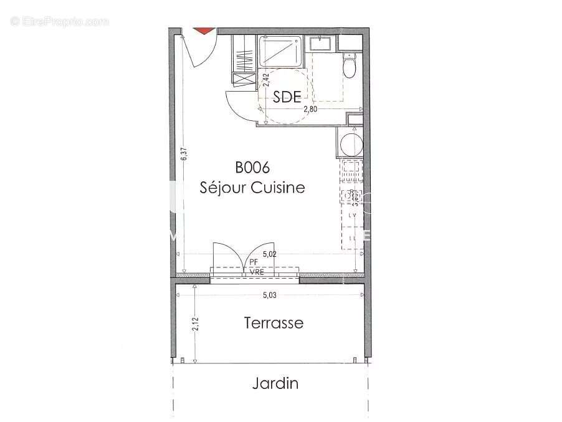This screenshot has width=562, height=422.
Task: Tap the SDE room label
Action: click(287, 97)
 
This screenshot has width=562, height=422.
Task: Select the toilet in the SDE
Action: click(349, 65)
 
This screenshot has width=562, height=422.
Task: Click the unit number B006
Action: click(252, 168)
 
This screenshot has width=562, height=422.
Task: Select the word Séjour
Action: click(223, 187)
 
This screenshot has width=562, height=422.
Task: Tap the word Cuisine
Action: click(278, 187)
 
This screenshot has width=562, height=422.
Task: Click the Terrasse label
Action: click(274, 323)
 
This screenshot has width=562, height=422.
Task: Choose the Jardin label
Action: click(275, 383)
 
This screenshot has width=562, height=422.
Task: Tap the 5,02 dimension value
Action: click(269, 254)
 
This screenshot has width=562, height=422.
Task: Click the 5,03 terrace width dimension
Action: click(269, 295)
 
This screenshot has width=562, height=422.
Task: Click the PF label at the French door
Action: click(254, 262)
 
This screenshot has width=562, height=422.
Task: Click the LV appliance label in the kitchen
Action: click(352, 215)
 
